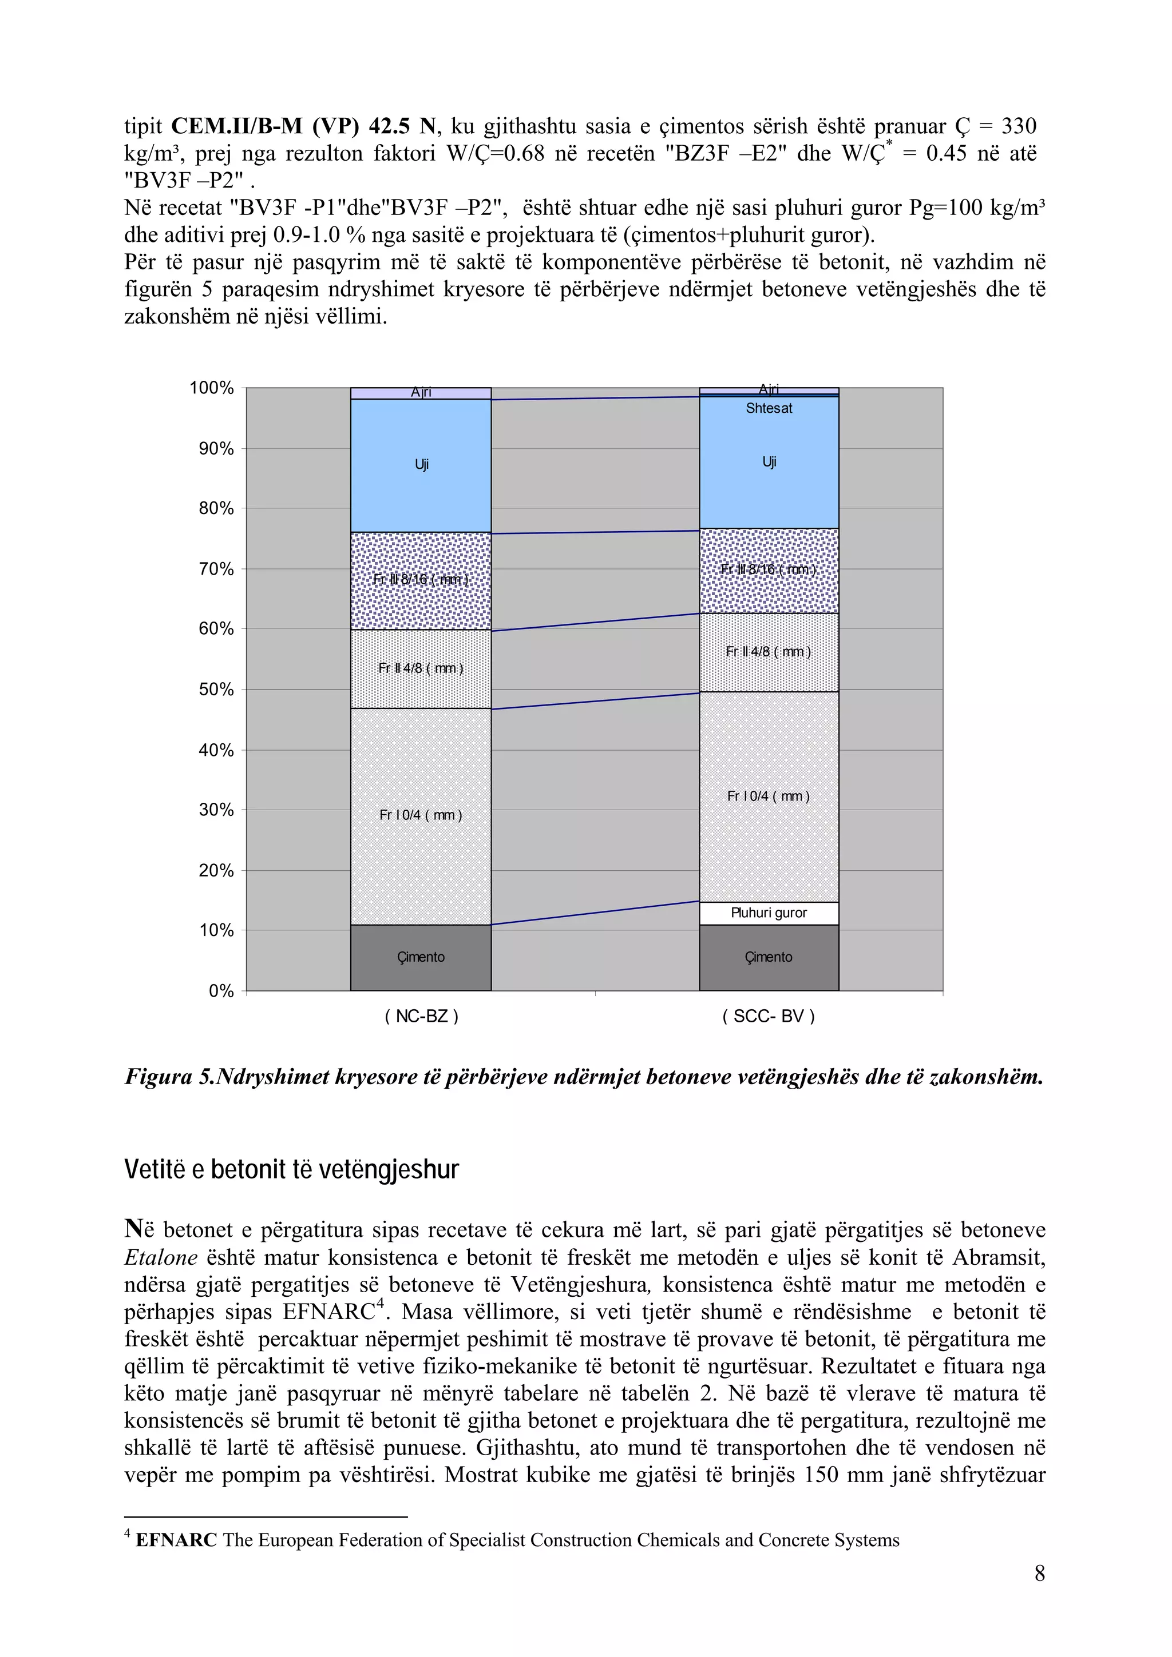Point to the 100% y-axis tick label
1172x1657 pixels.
point(212,388)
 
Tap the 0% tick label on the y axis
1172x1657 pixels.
point(221,991)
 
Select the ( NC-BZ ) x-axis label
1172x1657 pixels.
point(421,1016)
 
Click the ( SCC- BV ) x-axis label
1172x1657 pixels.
point(769,1016)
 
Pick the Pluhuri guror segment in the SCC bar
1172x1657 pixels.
point(769,913)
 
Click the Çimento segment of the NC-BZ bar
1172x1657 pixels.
point(421,957)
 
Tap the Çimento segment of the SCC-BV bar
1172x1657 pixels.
point(769,957)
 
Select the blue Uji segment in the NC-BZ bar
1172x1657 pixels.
point(421,465)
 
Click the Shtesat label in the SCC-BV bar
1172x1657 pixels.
point(769,408)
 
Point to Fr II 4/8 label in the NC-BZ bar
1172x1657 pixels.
point(421,668)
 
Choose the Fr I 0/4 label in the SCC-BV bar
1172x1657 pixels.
point(769,796)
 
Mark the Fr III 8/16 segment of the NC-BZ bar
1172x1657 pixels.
point(421,580)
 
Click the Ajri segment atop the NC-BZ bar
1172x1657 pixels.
point(421,393)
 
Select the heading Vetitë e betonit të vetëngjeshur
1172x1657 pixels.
point(292,1169)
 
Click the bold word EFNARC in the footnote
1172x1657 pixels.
point(176,1540)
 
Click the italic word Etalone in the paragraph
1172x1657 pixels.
point(161,1258)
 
